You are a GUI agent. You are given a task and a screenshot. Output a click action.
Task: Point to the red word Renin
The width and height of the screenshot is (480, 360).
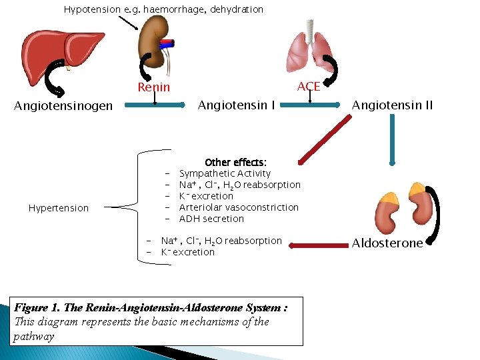pos(154,87)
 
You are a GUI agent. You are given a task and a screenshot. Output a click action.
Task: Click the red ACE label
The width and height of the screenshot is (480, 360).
pos(309,87)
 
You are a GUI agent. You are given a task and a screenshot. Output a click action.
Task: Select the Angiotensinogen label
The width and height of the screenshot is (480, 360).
pos(63,105)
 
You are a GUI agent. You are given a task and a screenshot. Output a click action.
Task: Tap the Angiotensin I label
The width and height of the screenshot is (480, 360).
pos(237,105)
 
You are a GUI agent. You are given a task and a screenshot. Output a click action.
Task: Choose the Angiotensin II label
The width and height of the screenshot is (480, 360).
pos(392,105)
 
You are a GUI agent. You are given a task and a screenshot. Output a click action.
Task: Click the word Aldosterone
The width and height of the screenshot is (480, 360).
pos(387,243)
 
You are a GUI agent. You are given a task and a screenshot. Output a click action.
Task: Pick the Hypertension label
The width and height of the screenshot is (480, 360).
pos(59,208)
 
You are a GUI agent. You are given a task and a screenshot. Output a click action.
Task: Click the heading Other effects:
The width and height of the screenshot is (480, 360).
pos(235,162)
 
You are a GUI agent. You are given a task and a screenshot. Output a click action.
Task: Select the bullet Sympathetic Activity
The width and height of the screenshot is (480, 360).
pos(225,173)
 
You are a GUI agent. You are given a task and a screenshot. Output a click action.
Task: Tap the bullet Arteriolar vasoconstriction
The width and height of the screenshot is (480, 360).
pos(239,207)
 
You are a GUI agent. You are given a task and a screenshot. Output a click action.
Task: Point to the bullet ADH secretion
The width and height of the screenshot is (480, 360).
pos(211,219)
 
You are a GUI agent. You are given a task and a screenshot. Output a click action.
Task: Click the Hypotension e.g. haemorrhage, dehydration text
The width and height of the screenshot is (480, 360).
pos(163,9)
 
